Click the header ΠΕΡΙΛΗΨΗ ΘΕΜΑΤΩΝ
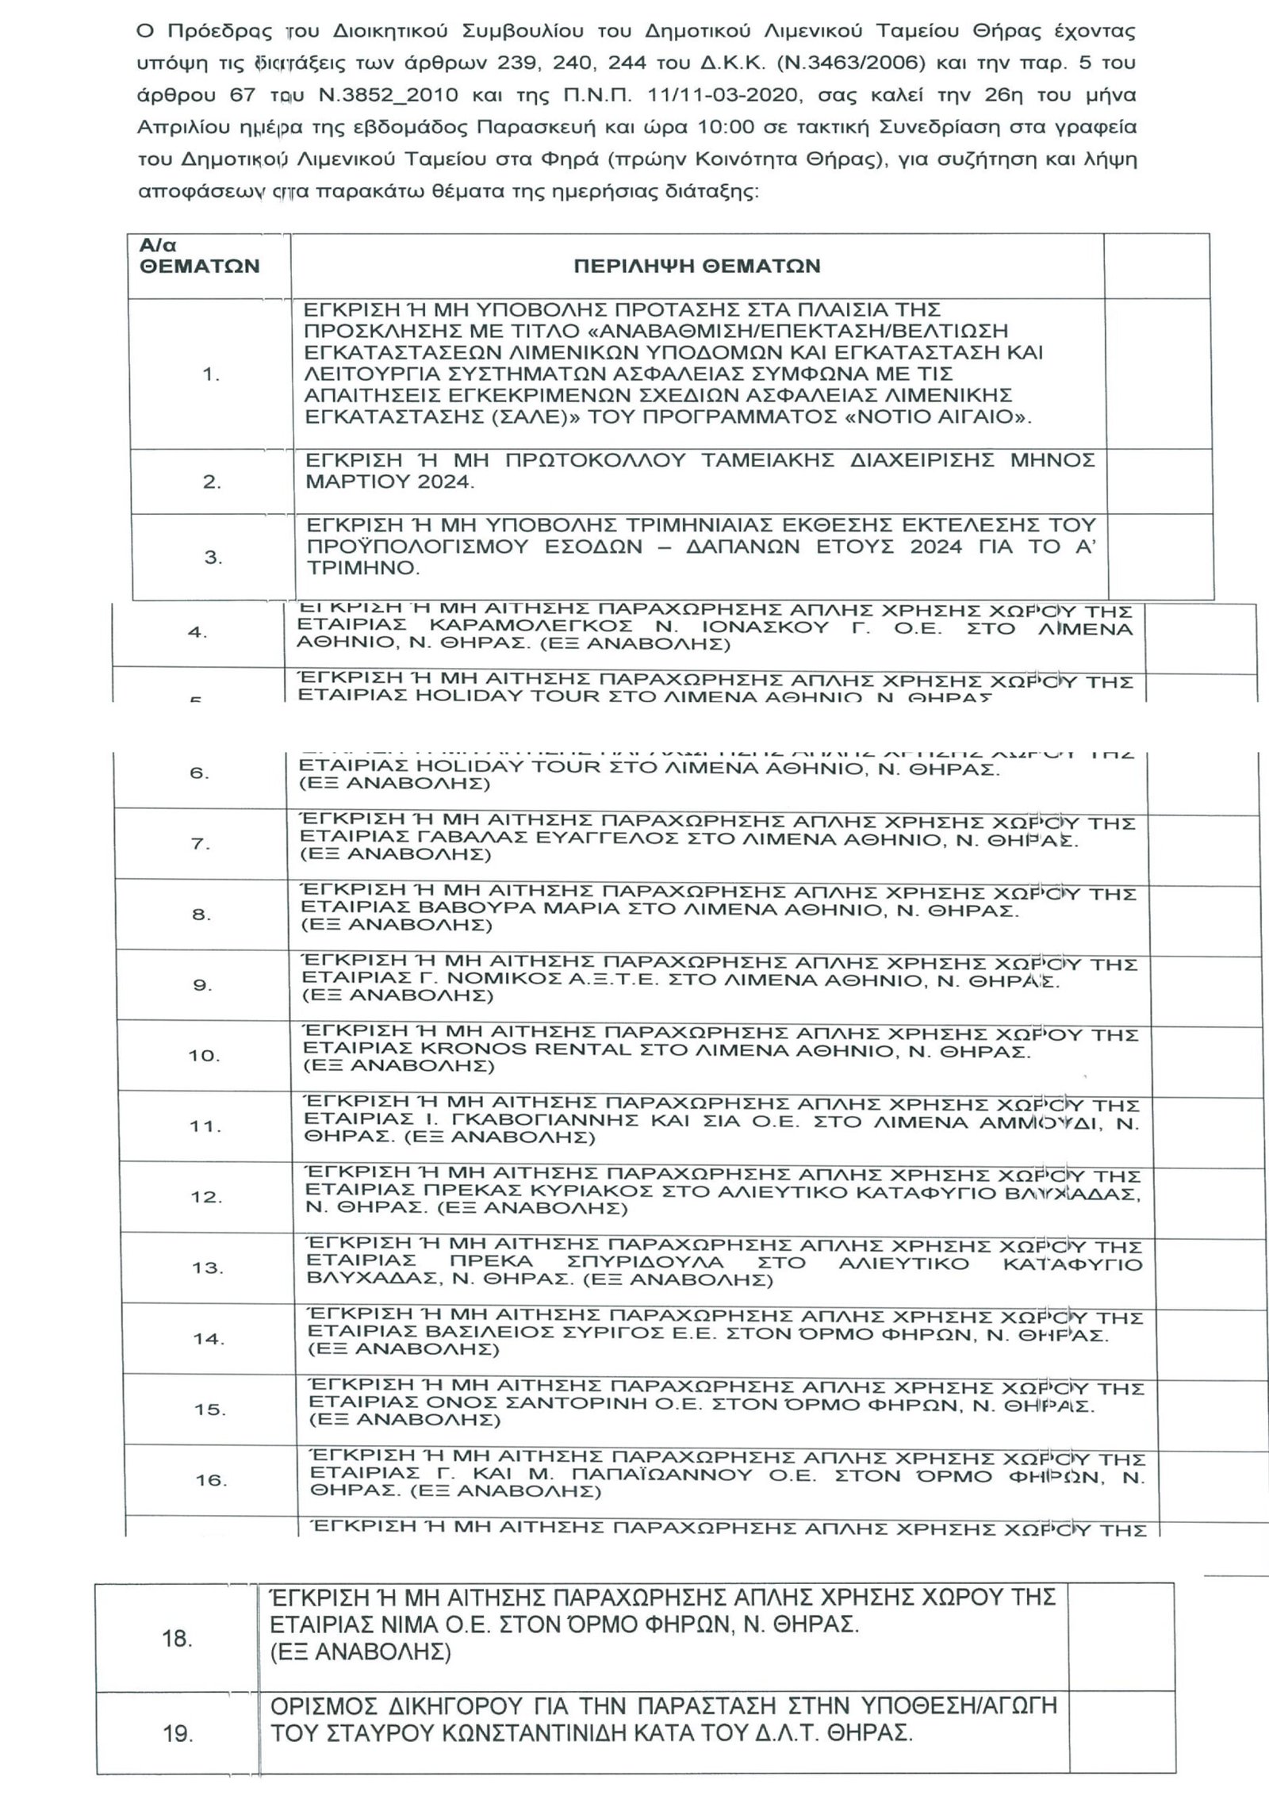tap(696, 267)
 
